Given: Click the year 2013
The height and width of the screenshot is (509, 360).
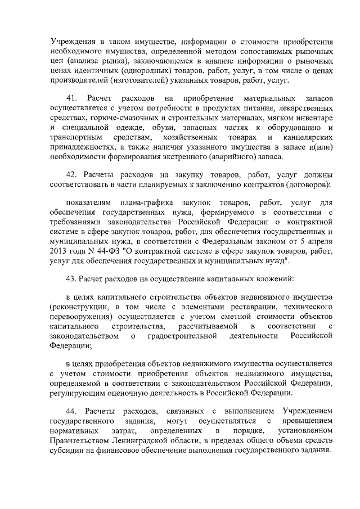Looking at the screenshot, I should point(60,250).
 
